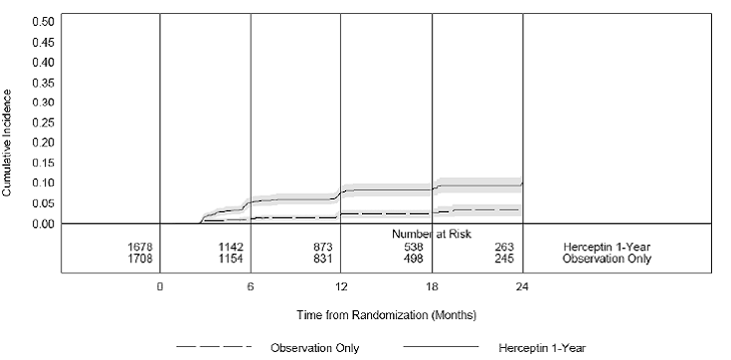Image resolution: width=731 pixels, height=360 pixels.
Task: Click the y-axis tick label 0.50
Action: pyautogui.click(x=43, y=21)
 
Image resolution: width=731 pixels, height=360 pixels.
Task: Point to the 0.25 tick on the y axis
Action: pyautogui.click(x=43, y=122)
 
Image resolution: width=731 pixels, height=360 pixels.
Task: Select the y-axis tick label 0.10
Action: pyautogui.click(x=43, y=183)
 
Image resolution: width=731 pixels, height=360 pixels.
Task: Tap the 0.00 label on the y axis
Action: pyautogui.click(x=43, y=224)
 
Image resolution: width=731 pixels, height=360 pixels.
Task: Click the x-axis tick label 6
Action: pyautogui.click(x=250, y=285)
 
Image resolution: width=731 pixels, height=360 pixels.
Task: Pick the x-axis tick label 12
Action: pyautogui.click(x=340, y=285)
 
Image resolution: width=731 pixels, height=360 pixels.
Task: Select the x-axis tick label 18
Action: pyautogui.click(x=431, y=285)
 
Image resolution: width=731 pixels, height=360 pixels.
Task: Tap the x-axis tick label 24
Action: pyautogui.click(x=521, y=285)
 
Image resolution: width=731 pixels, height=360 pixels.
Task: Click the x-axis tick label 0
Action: pyautogui.click(x=159, y=285)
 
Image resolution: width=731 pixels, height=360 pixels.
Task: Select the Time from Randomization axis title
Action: pyautogui.click(x=386, y=315)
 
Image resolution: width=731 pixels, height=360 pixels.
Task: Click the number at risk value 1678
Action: pyautogui.click(x=142, y=246)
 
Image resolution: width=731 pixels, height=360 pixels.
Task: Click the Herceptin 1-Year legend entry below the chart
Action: pyautogui.click(x=543, y=348)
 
